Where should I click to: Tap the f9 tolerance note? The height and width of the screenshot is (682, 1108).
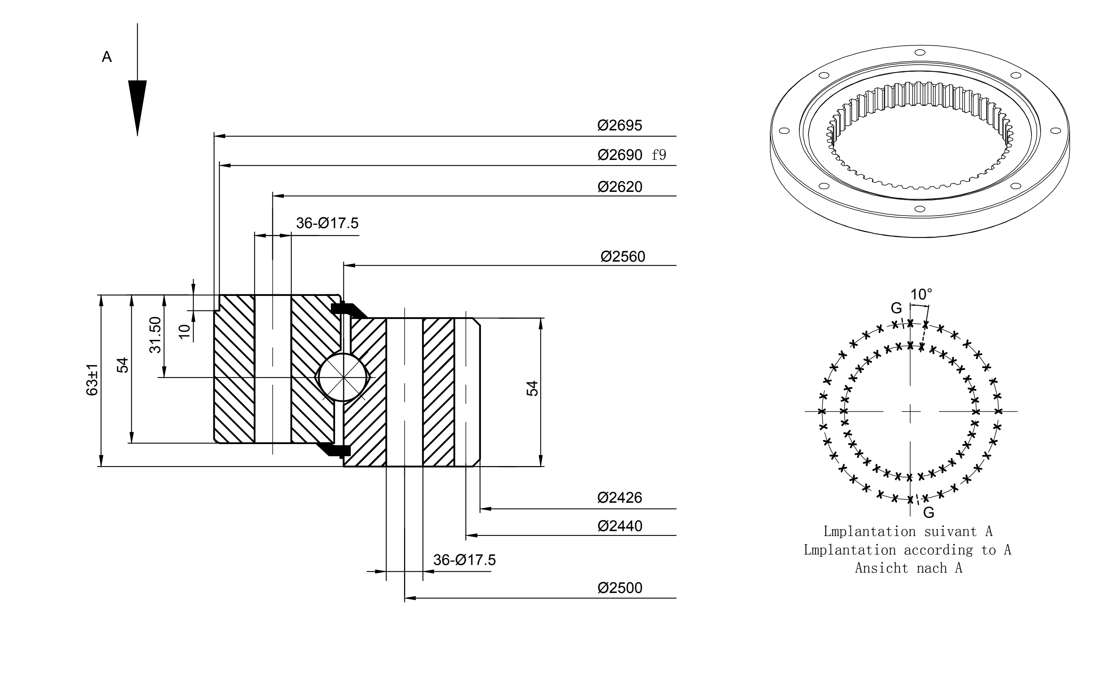coord(659,155)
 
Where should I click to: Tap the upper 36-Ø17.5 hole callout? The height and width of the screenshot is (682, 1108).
coord(327,223)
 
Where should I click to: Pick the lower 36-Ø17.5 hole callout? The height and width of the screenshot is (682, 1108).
coord(464,560)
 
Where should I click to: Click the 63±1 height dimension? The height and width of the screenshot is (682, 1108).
coord(92,380)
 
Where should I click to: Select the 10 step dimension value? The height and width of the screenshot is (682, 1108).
coord(184,331)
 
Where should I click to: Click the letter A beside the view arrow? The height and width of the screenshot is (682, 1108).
coord(106,57)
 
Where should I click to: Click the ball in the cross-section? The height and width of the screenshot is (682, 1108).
coord(343,377)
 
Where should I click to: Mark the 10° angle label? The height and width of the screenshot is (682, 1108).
coord(921,295)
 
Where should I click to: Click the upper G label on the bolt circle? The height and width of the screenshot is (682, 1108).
coord(896,308)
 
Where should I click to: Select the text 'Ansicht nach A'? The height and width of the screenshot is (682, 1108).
coord(909,568)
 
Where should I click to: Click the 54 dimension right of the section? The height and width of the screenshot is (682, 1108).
coord(533,388)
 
